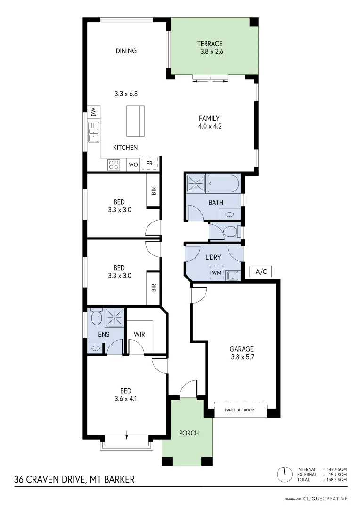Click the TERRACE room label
(210, 44)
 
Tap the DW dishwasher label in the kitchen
(93, 112)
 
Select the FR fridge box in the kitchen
(149, 164)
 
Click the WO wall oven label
(133, 164)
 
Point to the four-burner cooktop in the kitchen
(114, 164)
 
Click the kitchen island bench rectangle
(135, 121)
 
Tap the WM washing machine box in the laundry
(216, 272)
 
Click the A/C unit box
(261, 271)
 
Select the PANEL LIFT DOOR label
(241, 410)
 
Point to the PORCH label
(189, 433)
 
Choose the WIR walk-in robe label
(139, 334)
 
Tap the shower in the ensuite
(114, 317)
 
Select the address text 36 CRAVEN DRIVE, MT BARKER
(74, 480)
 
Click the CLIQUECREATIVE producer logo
(325, 498)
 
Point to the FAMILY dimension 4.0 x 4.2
(209, 126)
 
